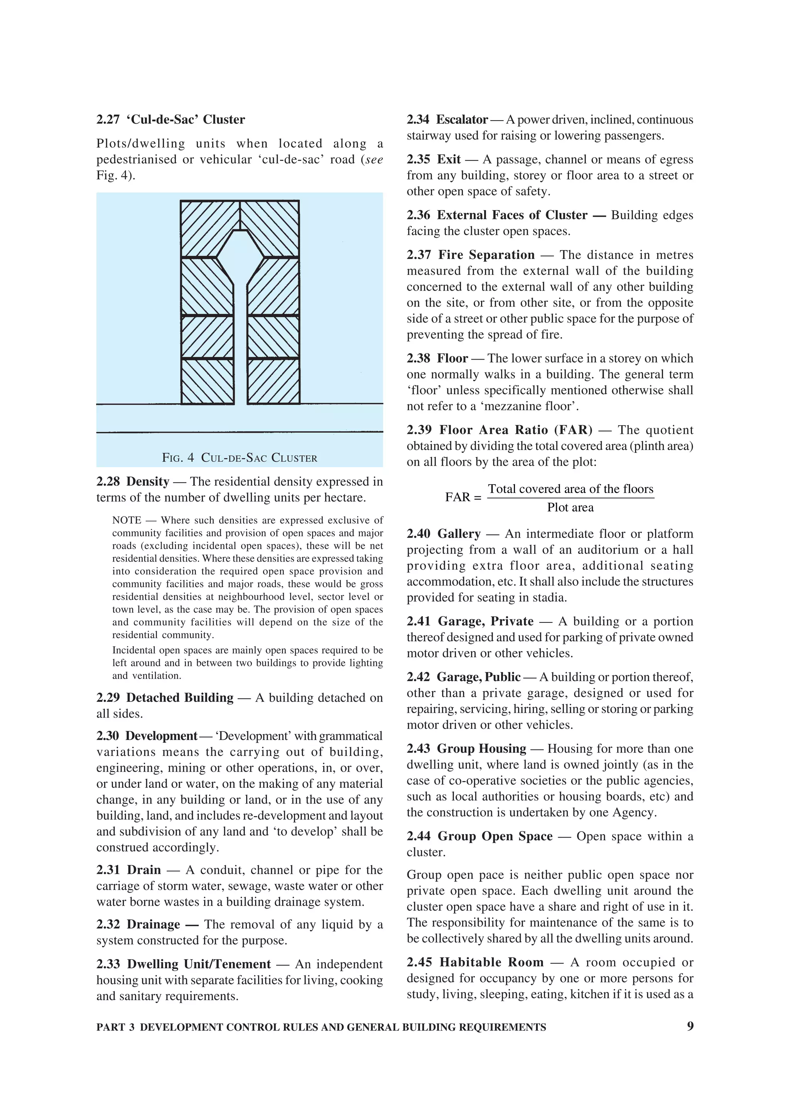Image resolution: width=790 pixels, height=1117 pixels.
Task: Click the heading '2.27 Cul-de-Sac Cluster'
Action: pyautogui.click(x=170, y=119)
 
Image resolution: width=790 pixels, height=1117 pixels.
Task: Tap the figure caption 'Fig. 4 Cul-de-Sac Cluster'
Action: pyautogui.click(x=240, y=458)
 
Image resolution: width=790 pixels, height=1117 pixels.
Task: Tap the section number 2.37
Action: pyautogui.click(x=419, y=255)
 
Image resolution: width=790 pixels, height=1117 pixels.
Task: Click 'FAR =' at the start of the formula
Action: pyautogui.click(x=463, y=497)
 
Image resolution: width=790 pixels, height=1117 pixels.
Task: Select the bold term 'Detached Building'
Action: pyautogui.click(x=180, y=698)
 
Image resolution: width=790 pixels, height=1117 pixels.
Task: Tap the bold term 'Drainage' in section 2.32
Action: pyautogui.click(x=153, y=924)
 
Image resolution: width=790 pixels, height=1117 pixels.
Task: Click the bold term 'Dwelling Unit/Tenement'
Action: pyautogui.click(x=199, y=964)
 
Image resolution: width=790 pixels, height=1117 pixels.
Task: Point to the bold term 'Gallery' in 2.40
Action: pyautogui.click(x=459, y=534)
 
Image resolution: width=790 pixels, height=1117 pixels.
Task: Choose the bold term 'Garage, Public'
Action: pyautogui.click(x=478, y=677)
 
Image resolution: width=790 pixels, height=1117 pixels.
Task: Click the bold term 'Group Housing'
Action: pyautogui.click(x=481, y=749)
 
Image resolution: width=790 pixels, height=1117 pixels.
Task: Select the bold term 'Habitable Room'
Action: pyautogui.click(x=491, y=962)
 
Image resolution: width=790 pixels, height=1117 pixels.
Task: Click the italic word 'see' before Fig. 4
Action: pyautogui.click(x=373, y=160)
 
